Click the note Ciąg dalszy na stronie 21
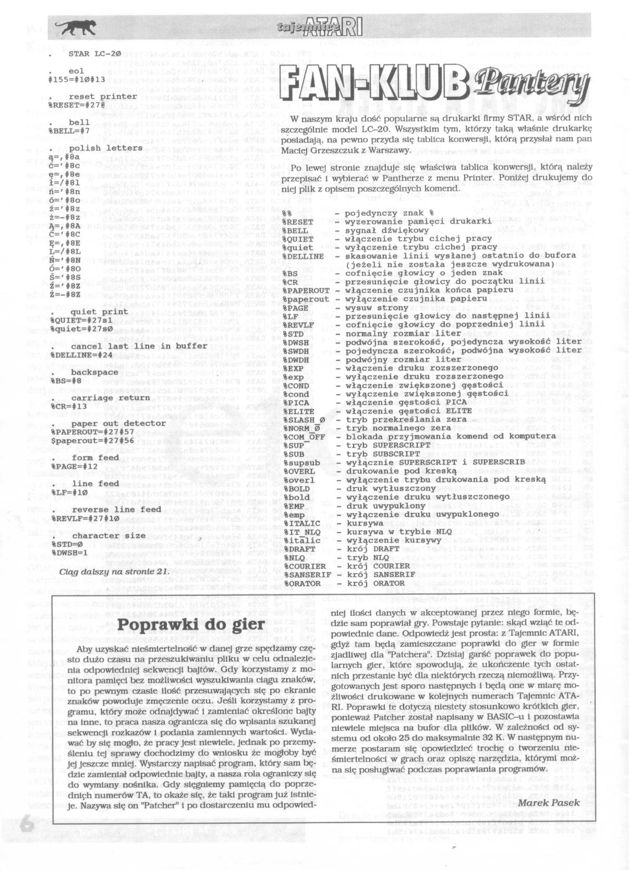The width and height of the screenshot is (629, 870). pos(114,571)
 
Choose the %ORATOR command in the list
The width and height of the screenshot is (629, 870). pos(302,583)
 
